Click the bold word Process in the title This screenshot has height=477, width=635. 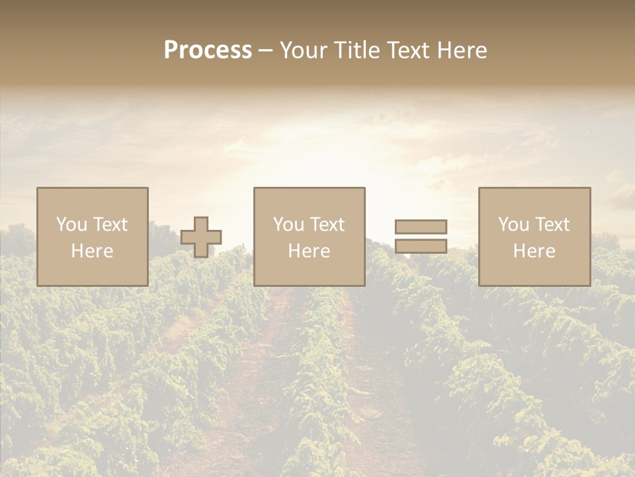coord(208,50)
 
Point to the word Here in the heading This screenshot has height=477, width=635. coord(463,50)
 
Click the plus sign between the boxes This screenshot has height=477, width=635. coord(201,237)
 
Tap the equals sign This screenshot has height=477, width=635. coord(421,237)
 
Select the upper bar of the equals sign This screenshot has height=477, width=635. coord(421,227)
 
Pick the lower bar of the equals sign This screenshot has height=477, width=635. coord(421,246)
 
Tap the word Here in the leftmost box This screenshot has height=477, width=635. coord(93,251)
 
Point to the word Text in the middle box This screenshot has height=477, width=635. coord(327,225)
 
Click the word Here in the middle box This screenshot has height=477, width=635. coord(310,251)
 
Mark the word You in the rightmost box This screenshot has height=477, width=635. coord(514,225)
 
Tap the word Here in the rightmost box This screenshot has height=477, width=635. coord(534,251)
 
